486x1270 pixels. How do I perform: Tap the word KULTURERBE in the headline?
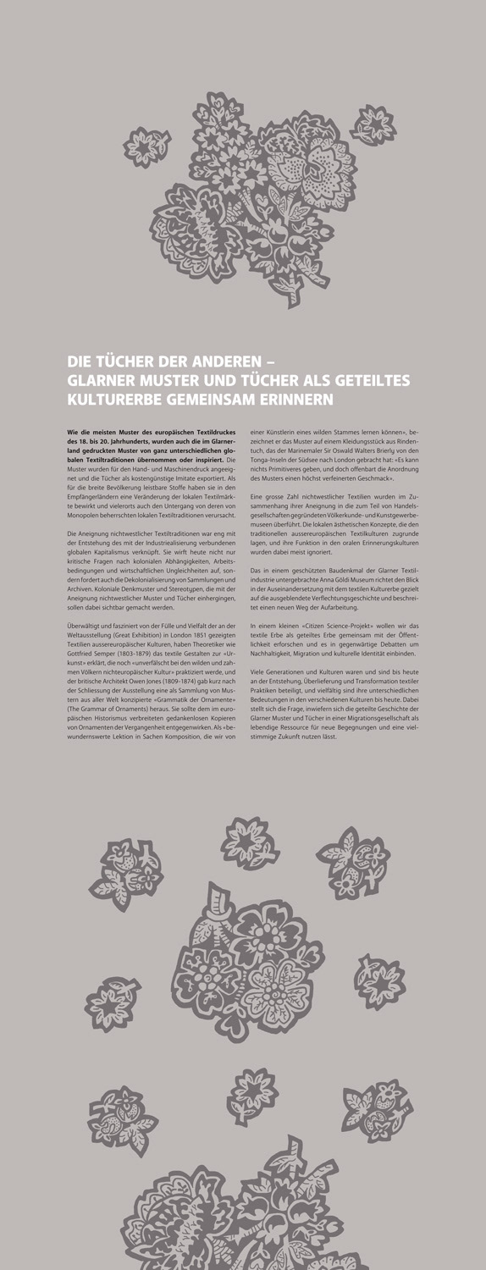click(x=118, y=397)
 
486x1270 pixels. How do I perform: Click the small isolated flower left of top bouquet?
click(x=141, y=145)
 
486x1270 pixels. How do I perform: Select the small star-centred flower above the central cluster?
click(x=250, y=842)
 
